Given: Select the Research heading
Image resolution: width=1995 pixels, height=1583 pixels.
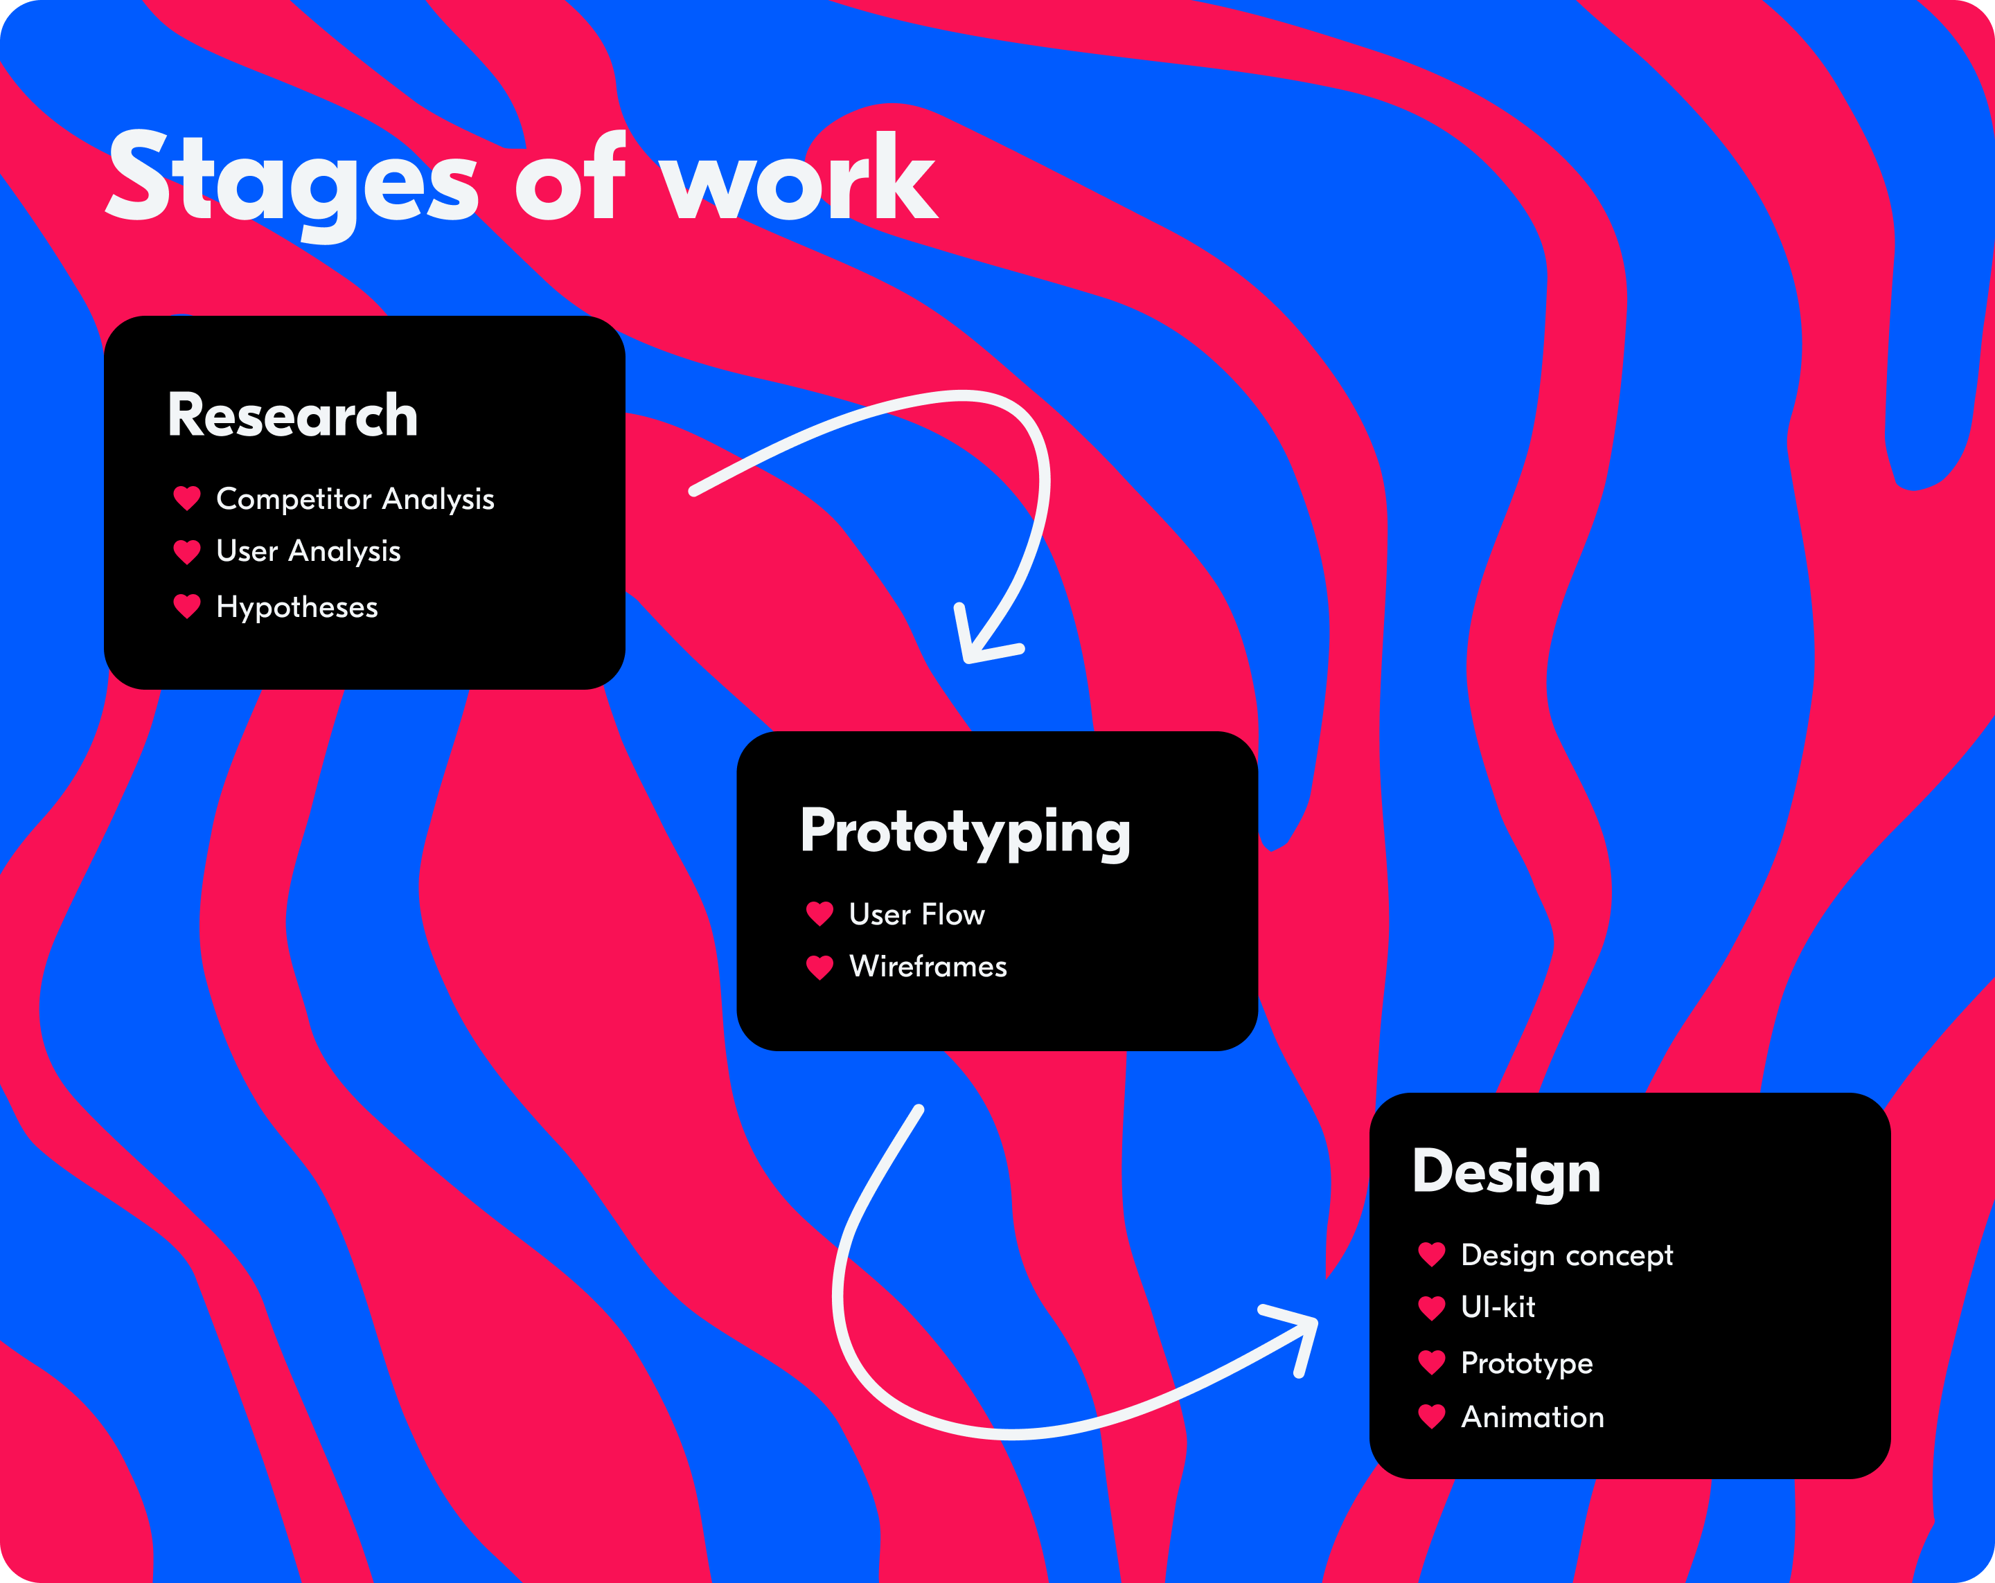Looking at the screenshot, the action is coord(292,415).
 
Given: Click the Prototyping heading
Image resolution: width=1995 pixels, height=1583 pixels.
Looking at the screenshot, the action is coord(965,832).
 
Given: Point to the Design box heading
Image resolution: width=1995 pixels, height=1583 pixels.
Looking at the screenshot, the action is coord(1507,1173).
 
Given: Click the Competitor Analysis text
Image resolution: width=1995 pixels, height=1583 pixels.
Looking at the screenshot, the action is coord(355,499).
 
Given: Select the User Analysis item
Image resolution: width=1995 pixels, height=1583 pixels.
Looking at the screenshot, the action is coord(308,551).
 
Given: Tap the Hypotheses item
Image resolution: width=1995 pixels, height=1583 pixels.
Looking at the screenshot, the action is coord(297,608).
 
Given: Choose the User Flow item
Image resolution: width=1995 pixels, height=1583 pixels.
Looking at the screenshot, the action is coord(917,915).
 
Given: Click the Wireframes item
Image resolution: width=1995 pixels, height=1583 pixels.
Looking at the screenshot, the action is coord(928,967).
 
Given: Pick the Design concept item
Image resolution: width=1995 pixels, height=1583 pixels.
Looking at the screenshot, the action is coord(1567,1256).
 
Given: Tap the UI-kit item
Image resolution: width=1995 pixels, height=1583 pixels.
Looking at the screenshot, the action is coord(1498,1307).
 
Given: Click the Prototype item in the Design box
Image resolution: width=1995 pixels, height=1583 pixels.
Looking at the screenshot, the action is coord(1527,1363).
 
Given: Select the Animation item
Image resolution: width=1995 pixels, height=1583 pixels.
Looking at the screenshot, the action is coord(1532,1417).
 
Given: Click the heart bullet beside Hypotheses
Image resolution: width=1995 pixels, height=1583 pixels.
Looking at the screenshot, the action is coord(187,607).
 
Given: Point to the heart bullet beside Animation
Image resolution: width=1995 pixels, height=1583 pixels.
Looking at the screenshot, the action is coord(1431,1417).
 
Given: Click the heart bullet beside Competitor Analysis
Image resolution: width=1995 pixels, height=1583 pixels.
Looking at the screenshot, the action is coord(187,499).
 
